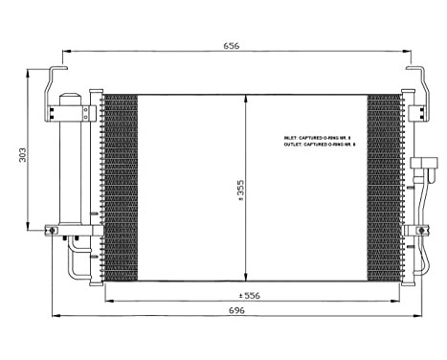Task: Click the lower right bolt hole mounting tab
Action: tap(419, 230)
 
